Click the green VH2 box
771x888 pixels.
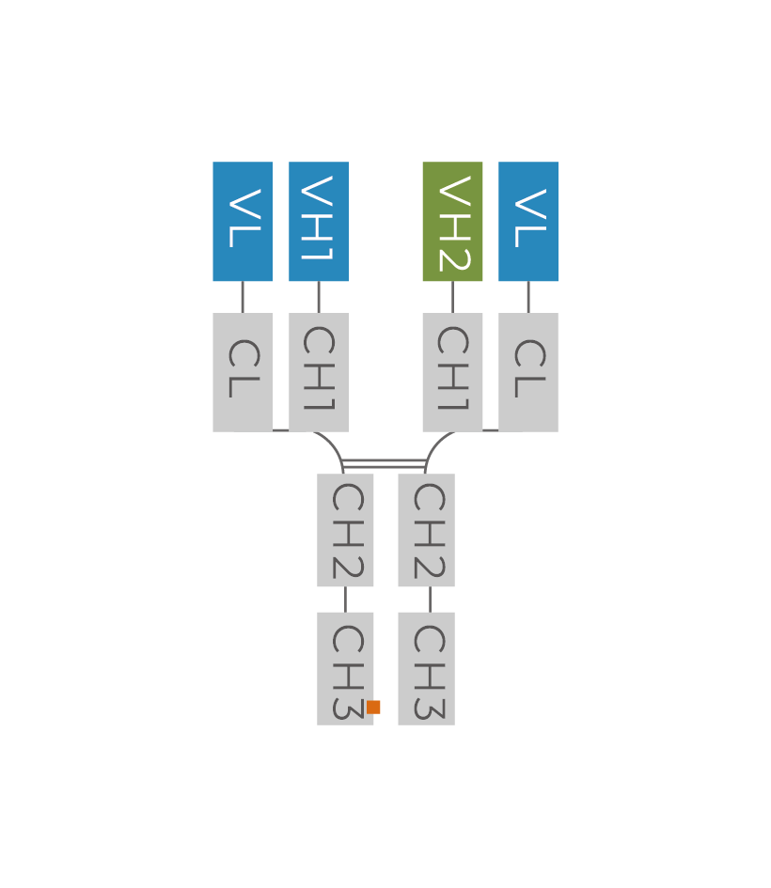[452, 222]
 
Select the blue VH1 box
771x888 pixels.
[319, 222]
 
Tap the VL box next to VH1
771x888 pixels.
[243, 222]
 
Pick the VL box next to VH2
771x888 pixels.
[528, 222]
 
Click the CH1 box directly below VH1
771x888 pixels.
[319, 372]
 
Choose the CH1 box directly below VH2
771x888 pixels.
[452, 372]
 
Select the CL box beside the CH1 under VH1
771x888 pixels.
[243, 372]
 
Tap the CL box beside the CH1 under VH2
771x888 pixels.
[528, 372]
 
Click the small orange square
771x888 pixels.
[374, 707]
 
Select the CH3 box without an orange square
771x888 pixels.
[426, 668]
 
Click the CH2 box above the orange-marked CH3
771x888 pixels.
[345, 530]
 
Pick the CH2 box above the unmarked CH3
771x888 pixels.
[426, 530]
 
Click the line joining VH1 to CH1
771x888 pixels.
[319, 297]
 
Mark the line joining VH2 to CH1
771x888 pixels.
[452, 297]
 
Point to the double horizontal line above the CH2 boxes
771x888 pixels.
[384, 462]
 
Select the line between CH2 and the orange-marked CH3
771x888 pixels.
[345, 600]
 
